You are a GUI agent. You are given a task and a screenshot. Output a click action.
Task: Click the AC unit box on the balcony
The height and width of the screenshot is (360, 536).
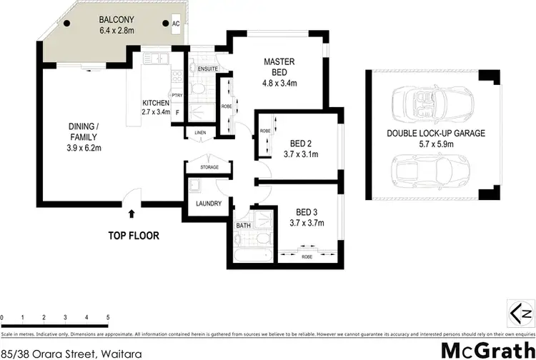pos(176,23)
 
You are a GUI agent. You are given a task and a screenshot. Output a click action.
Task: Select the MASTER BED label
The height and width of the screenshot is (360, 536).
pos(275,66)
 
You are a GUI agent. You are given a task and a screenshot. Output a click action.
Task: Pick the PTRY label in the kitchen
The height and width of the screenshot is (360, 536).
pos(177,94)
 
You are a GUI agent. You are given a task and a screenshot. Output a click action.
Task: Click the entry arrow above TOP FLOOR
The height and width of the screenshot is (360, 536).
pos(131,212)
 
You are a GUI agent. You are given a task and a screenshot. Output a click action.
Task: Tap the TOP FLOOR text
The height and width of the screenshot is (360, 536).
pos(133,235)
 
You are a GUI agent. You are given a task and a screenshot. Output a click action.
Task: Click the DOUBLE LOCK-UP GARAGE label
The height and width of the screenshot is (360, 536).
pos(435,133)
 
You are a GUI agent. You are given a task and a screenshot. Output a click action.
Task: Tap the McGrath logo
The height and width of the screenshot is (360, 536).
pos(486,349)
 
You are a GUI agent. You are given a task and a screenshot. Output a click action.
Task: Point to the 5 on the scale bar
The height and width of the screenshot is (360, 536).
pos(107,317)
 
